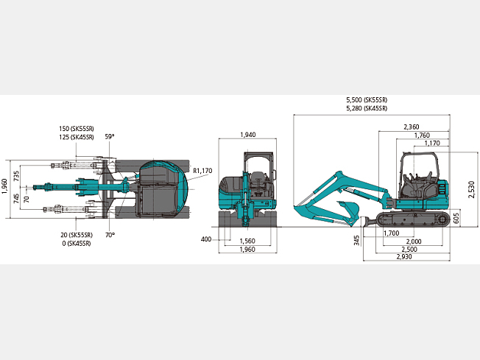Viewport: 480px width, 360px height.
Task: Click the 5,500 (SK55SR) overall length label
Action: point(367,100)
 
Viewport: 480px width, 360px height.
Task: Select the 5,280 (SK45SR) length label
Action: point(367,108)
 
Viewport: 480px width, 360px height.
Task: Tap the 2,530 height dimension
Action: point(472,189)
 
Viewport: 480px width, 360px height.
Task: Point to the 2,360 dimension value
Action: point(412,127)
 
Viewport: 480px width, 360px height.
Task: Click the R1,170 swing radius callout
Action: point(202,171)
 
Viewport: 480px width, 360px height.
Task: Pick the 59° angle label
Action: point(110,136)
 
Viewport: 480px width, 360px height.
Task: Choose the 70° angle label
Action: point(110,235)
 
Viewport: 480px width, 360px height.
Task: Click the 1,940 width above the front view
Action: point(247,135)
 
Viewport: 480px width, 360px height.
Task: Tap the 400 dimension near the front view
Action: point(206,239)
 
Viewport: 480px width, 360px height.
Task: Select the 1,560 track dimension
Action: point(247,241)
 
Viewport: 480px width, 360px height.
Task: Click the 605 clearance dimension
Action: point(456,218)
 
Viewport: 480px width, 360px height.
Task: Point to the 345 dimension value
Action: point(356,240)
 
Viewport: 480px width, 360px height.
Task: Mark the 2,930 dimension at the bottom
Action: point(404,256)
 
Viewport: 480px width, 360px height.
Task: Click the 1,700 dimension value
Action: point(392,233)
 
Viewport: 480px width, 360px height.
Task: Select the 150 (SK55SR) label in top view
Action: point(77,129)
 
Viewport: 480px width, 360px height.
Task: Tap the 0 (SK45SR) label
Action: point(77,244)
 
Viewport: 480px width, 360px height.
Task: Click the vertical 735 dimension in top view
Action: point(16,176)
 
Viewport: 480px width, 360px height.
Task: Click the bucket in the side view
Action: point(349,211)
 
